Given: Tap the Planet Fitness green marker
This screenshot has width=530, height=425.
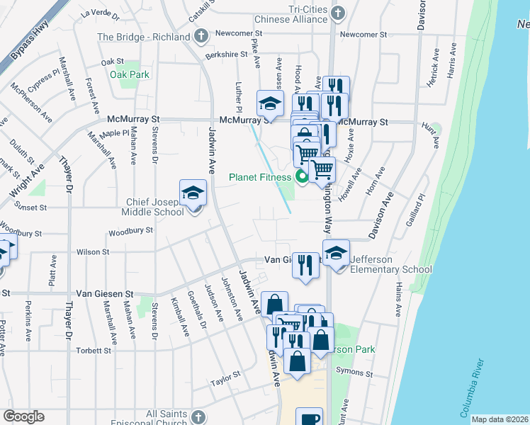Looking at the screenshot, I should (302, 177).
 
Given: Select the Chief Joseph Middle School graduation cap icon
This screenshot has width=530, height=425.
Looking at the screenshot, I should (193, 193).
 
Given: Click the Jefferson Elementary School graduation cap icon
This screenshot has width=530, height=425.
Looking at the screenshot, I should (336, 252).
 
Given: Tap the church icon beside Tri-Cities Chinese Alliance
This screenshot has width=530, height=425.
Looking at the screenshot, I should (338, 13).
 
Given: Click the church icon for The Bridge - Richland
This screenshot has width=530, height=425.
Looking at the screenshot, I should (201, 36).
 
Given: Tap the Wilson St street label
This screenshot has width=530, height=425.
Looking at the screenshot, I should (93, 251).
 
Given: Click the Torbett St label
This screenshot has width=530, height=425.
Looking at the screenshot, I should (94, 351).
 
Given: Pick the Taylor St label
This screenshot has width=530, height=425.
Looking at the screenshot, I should (226, 382).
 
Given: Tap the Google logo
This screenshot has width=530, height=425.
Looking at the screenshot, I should (23, 416).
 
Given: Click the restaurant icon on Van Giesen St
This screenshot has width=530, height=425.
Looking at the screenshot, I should (305, 265).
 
